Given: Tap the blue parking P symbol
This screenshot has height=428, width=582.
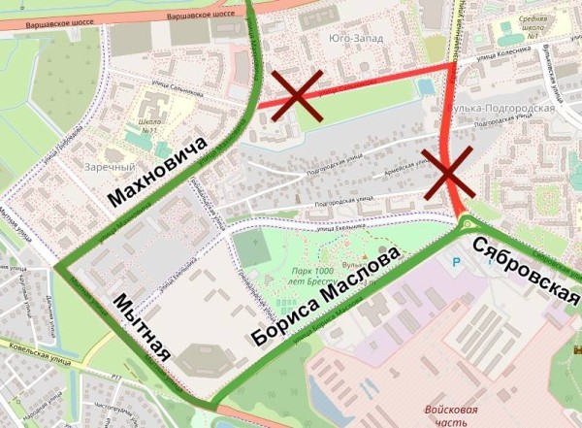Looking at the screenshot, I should tap(457, 262).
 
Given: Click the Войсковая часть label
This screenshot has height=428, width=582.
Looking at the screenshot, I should tap(452, 416).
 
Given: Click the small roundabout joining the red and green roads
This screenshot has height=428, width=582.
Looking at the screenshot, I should tap(465, 229).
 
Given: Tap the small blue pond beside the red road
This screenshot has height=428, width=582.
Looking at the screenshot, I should tap(425, 87).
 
